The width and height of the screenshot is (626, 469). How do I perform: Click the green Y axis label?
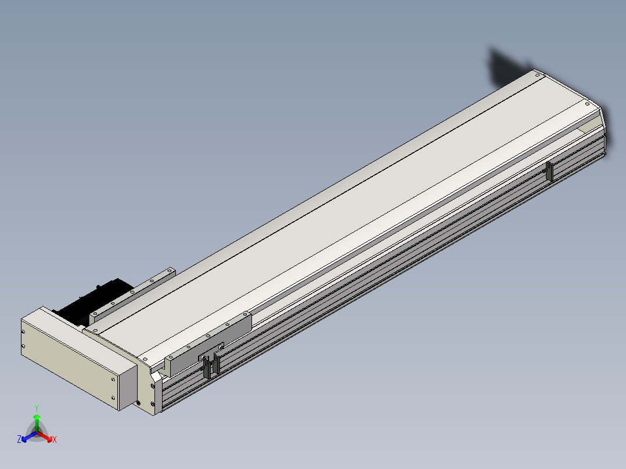[x=37, y=408]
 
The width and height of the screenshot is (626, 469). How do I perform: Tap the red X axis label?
[x=55, y=439]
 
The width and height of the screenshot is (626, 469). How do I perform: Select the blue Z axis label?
[x=19, y=439]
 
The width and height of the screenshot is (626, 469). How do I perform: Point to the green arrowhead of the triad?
[x=37, y=417]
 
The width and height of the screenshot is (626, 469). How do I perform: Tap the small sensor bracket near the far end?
[x=550, y=171]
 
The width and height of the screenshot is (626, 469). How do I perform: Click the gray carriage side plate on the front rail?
[x=208, y=344]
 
